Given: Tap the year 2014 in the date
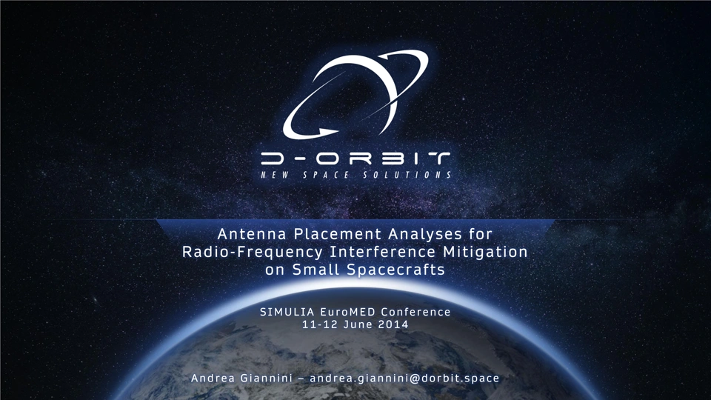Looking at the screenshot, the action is (x=393, y=324).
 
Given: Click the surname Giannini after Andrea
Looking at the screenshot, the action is (x=266, y=379).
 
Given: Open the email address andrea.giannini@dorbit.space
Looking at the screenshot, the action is (x=404, y=379).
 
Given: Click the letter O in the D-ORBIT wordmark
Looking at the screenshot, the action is (x=327, y=159).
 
